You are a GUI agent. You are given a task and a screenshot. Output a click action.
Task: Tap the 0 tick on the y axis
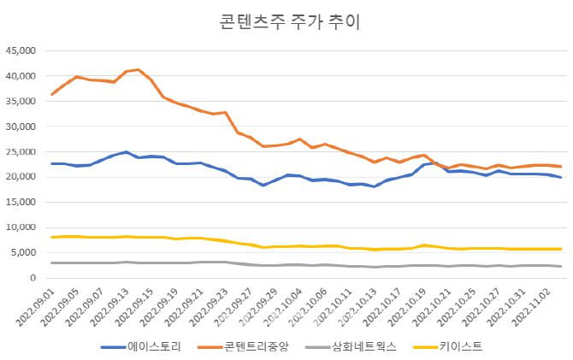[x=31, y=279]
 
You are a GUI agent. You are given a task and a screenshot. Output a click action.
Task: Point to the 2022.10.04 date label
[x=276, y=309]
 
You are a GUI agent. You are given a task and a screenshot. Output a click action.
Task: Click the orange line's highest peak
[x=139, y=70]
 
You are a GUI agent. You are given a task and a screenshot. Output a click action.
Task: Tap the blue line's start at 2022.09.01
[x=52, y=163]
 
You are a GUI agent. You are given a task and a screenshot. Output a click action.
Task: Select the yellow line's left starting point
[x=52, y=237]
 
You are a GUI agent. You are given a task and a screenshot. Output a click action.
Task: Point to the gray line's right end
[x=560, y=267]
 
